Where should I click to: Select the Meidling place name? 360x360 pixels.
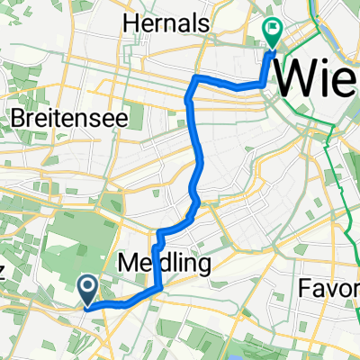click(x=164, y=264)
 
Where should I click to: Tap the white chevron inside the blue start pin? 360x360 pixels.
click(x=89, y=288)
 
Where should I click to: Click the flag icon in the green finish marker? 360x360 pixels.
click(x=273, y=28)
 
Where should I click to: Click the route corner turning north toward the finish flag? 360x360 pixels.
click(x=264, y=84)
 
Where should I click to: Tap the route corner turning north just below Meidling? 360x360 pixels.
click(x=160, y=288)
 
